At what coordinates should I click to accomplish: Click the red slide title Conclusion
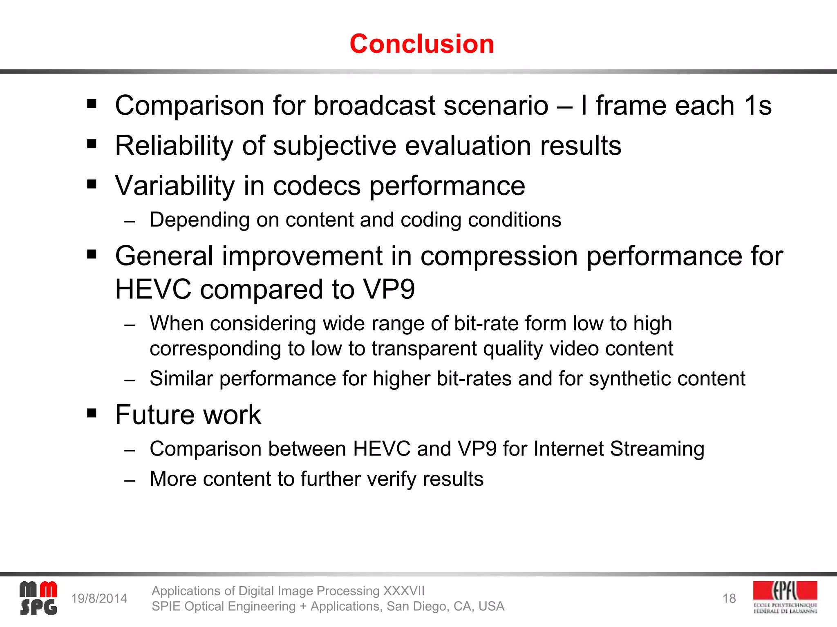tap(422, 44)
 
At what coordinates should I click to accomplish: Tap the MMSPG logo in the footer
tap(38, 598)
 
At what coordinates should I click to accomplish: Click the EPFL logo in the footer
tap(785, 598)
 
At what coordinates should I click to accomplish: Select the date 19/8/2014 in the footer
tap(99, 598)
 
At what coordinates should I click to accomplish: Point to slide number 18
tap(729, 598)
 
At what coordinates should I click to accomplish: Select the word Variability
tap(175, 186)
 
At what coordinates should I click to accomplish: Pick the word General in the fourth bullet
tap(164, 256)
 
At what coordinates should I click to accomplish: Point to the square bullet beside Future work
tap(92, 413)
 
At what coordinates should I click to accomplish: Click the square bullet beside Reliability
tap(92, 144)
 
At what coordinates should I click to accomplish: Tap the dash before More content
tap(130, 480)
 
